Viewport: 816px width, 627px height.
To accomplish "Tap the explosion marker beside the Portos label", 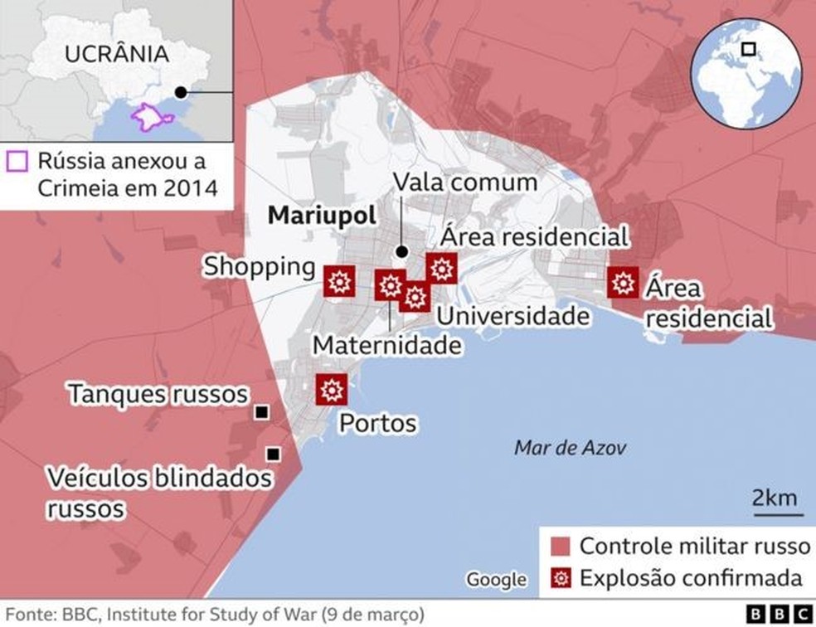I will [x=332, y=389].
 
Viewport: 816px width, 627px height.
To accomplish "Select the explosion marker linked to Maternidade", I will [x=390, y=286].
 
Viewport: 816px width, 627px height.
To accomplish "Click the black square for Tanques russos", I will [x=262, y=412].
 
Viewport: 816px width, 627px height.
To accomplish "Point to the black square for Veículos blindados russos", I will [x=272, y=454].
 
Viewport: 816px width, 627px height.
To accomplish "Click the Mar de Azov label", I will [x=571, y=449].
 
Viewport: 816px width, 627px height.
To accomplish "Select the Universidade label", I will [x=513, y=316].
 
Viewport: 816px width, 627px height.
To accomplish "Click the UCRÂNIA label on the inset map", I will [x=117, y=55].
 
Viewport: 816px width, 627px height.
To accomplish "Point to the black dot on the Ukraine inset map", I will [x=181, y=92].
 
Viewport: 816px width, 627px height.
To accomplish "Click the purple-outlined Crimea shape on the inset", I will [x=152, y=115].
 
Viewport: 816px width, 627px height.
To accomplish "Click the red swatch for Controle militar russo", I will [x=561, y=547].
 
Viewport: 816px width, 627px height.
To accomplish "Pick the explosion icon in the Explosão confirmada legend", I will [x=561, y=578].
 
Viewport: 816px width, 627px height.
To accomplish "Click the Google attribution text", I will [x=495, y=579].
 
